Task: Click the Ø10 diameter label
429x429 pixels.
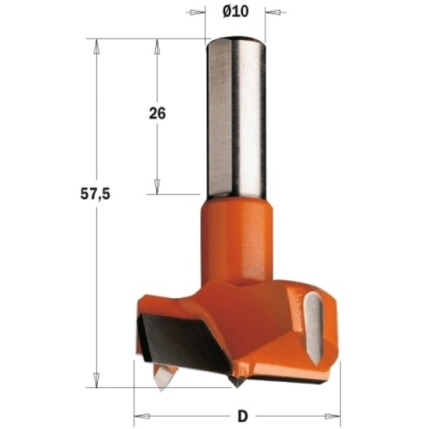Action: tap(235, 11)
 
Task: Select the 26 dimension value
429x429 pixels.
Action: tap(157, 113)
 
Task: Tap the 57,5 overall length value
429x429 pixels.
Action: tap(95, 194)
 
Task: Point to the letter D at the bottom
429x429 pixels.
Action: tap(242, 416)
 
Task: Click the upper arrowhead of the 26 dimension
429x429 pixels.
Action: tap(157, 46)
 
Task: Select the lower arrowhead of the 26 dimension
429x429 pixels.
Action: tap(157, 187)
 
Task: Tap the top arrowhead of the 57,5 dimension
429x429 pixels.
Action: tap(97, 46)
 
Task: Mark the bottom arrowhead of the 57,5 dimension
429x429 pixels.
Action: tap(97, 380)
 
